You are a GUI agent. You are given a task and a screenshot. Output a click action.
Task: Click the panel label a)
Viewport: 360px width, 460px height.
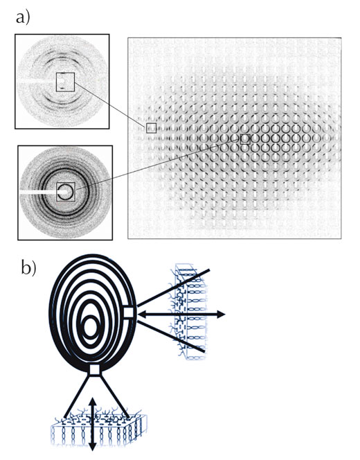(x=23, y=18)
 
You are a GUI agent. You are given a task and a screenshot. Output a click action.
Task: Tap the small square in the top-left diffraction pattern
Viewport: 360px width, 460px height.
(x=65, y=82)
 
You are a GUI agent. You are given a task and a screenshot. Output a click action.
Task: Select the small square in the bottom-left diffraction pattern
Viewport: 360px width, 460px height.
(x=66, y=192)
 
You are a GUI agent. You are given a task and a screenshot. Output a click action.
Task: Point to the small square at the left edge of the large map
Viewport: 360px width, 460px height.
(x=152, y=128)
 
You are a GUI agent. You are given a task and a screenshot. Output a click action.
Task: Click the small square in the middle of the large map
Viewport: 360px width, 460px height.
(x=245, y=139)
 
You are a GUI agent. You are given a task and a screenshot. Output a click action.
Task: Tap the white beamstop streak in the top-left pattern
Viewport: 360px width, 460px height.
(x=37, y=80)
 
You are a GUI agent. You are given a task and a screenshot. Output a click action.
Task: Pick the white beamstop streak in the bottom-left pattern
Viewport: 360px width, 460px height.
(x=39, y=193)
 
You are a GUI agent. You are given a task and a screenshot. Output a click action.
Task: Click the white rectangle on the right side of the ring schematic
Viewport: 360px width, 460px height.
(x=129, y=312)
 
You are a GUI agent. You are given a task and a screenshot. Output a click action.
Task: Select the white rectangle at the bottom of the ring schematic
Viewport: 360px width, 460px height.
(x=95, y=369)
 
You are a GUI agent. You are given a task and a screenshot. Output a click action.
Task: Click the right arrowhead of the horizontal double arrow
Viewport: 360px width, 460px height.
(x=221, y=315)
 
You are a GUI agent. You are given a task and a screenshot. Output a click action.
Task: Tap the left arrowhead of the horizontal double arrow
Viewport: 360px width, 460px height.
(x=142, y=315)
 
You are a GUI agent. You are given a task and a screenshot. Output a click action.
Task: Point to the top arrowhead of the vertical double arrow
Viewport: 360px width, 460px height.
(x=93, y=402)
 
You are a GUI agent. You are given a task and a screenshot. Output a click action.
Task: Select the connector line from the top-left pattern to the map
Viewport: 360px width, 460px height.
(x=111, y=105)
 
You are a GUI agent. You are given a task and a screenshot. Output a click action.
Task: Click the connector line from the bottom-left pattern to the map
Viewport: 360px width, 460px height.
(x=158, y=166)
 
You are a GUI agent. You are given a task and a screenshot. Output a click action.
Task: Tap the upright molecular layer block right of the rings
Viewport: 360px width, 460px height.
(x=188, y=312)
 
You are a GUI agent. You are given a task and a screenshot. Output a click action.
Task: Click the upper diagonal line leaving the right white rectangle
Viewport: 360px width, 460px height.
(x=173, y=287)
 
